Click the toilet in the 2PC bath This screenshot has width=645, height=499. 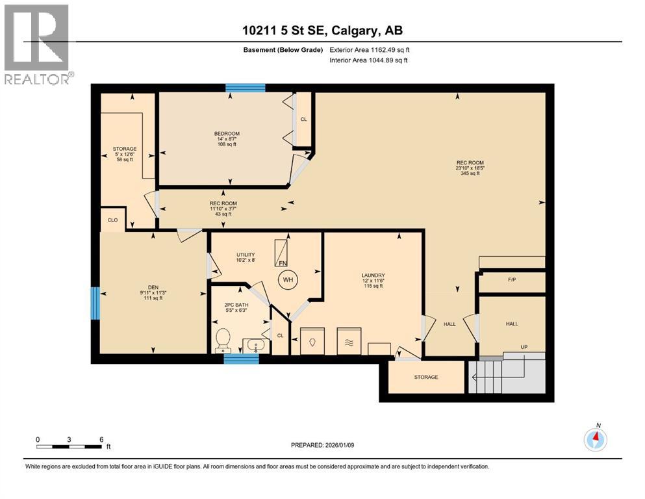tap(223, 339)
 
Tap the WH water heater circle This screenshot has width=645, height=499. tap(287, 281)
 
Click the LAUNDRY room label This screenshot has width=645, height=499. tap(375, 275)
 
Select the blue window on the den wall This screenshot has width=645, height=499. tap(95, 303)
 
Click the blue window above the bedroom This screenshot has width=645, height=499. tap(246, 88)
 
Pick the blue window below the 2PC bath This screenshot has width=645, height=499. tap(237, 356)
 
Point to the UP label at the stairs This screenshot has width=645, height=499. tap(524, 347)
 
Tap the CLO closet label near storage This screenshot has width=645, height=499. tap(112, 220)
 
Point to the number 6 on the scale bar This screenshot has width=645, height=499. tap(101, 439)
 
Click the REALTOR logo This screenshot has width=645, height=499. tap(37, 45)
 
